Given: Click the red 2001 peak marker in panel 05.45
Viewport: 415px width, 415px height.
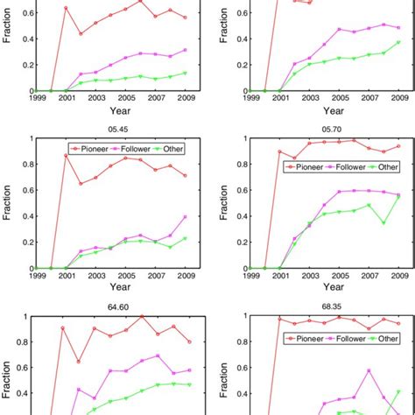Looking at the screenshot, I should (67, 156).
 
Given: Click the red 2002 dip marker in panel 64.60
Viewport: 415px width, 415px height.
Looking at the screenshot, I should (80, 361).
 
